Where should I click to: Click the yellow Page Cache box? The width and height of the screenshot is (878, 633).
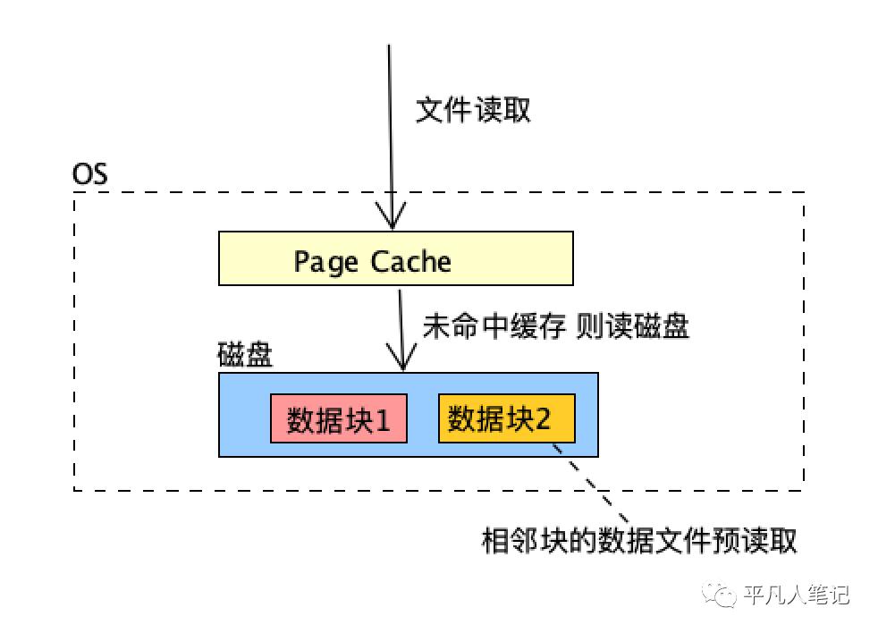point(395,258)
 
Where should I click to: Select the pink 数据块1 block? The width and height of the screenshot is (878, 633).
point(338,418)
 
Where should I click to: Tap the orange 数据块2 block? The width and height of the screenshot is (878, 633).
point(505,418)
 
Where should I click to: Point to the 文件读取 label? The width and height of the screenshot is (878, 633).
point(473,111)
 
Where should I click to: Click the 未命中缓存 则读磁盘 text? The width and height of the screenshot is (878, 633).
point(555,326)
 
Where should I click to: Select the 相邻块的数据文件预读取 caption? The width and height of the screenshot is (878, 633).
point(638,541)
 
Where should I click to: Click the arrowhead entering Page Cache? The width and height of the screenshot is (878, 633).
point(390,222)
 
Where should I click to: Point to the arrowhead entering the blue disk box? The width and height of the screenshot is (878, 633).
point(403,362)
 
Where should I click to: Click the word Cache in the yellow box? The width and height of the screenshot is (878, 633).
point(411,262)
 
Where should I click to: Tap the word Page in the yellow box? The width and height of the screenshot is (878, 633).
point(325,262)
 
